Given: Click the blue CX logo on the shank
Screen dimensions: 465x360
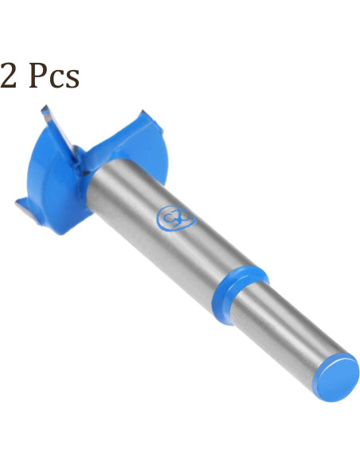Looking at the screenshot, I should (x=174, y=217).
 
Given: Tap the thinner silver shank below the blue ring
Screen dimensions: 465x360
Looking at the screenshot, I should (x=287, y=330).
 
